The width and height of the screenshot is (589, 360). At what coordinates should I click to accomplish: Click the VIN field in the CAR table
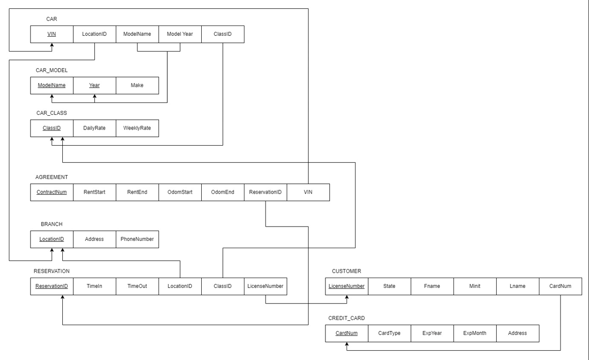pos(52,34)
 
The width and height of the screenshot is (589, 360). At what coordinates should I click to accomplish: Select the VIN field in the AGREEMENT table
pos(308,192)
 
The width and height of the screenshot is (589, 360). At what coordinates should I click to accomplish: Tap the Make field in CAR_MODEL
pos(137,85)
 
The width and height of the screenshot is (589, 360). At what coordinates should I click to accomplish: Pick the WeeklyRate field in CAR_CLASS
pos(137,128)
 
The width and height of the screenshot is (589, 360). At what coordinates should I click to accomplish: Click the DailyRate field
pos(94,128)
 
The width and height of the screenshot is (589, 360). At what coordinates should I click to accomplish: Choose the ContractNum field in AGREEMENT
pos(52,192)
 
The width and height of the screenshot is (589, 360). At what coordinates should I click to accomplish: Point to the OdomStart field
pos(180,192)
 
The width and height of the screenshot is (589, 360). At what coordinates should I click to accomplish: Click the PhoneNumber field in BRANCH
pos(137,239)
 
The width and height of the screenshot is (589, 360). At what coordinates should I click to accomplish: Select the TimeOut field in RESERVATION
pos(137,286)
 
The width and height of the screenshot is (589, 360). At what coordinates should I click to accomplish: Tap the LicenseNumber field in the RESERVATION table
pos(265,286)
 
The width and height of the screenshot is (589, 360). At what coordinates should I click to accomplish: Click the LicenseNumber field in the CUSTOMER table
pos(347,286)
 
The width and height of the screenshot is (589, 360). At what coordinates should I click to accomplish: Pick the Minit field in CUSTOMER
pos(475,286)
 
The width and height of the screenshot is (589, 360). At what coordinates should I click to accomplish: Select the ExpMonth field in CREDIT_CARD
pos(475,333)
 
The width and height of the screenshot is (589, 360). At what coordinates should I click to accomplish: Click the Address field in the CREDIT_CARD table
pos(517,333)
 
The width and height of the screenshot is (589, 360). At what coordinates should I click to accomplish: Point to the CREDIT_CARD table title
pos(347,318)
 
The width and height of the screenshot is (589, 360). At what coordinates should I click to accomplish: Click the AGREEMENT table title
pos(52,177)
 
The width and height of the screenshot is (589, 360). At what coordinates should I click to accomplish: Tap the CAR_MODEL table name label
pos(52,71)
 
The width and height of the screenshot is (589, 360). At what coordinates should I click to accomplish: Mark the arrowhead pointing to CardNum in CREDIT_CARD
pos(347,345)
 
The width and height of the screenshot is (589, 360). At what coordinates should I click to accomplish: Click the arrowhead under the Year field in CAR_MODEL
pos(94,97)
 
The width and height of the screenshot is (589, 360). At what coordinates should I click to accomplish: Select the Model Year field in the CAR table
pos(180,34)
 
